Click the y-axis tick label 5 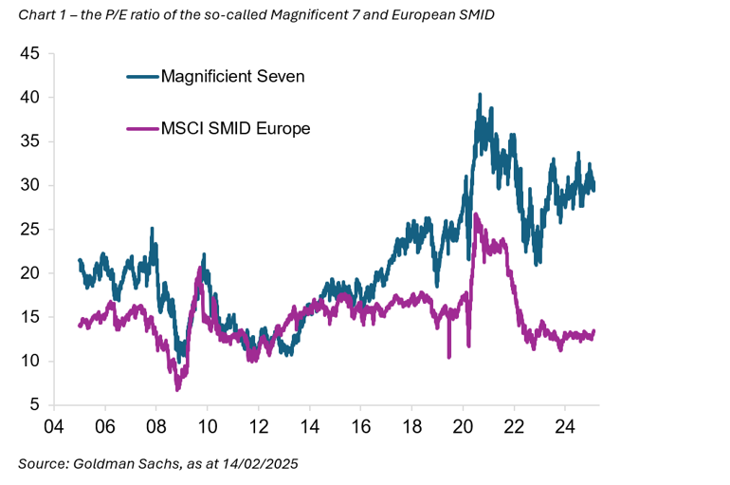pyautogui.click(x=34, y=404)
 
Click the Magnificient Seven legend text pyautogui.click(x=232, y=76)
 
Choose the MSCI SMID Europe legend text pyautogui.click(x=235, y=128)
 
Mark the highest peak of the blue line pyautogui.click(x=480, y=95)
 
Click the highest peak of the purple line pyautogui.click(x=475, y=215)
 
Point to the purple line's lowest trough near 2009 pyautogui.click(x=177, y=389)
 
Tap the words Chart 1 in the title pyautogui.click(x=41, y=14)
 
